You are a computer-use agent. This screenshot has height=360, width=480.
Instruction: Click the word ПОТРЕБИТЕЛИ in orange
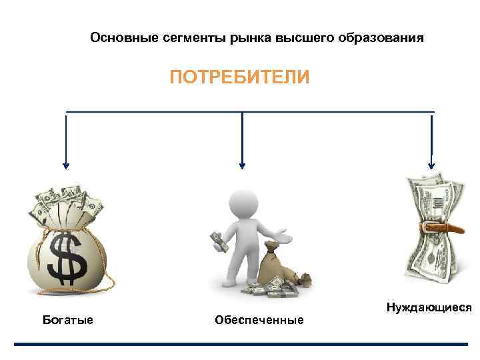click(239, 78)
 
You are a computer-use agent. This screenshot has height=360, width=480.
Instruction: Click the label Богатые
click(67, 320)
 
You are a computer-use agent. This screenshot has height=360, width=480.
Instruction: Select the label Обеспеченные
click(259, 321)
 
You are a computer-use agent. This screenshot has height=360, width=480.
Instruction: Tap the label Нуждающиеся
click(429, 307)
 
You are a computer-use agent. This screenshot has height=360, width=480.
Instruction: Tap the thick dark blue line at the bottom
click(240, 344)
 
